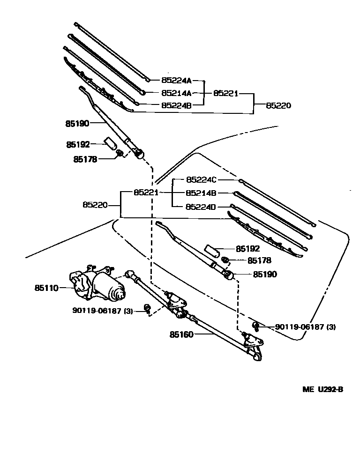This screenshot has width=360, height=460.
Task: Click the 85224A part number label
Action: pos(177,81)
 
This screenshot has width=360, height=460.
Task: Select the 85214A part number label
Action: pos(177,93)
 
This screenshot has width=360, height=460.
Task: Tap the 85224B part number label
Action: pos(177,105)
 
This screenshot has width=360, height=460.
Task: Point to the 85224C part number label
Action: pos(201,180)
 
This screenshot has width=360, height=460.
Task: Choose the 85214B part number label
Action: pos(201,193)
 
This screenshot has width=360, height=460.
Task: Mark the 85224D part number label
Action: pos(201,206)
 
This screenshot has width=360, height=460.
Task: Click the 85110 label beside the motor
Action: pos(46,288)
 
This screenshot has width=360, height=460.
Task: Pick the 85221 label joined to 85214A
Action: pos(225,93)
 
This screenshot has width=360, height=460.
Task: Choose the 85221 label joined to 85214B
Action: pos(146,193)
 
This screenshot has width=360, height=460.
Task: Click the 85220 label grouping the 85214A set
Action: pos(278,105)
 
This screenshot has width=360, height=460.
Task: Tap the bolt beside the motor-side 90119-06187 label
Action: pos(148,308)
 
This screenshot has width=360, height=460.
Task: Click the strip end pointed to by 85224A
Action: pos(148,80)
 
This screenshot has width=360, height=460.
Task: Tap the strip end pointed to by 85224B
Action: pos(137,104)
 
